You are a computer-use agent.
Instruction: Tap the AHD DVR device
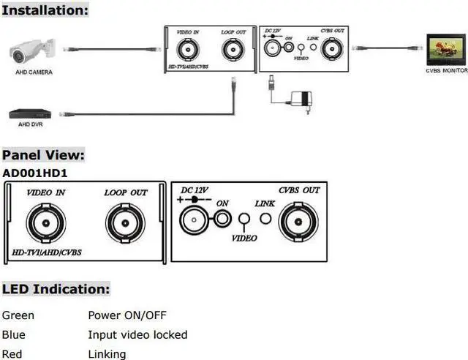pos(29,114)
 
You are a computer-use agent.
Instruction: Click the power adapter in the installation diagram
pos(299,98)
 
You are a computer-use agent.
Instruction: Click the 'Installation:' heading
pos(45,10)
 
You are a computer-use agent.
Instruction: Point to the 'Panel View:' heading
pos(43,155)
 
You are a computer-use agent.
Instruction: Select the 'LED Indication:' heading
pos(56,289)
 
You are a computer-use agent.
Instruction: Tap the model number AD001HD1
pos(35,173)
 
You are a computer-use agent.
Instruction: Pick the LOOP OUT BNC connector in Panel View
pos(125,222)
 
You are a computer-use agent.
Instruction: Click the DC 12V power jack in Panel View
pos(192,218)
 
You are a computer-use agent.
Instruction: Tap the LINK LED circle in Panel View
pos(265,218)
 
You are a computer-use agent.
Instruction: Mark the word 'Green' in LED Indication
pos(18,316)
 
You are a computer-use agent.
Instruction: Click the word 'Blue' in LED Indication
pos(15,335)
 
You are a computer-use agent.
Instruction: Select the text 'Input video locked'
pos(137,335)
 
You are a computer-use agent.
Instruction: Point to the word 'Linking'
pos(107,354)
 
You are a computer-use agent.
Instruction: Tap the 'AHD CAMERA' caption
pos(34,72)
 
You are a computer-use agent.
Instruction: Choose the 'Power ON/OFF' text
pos(127,316)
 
